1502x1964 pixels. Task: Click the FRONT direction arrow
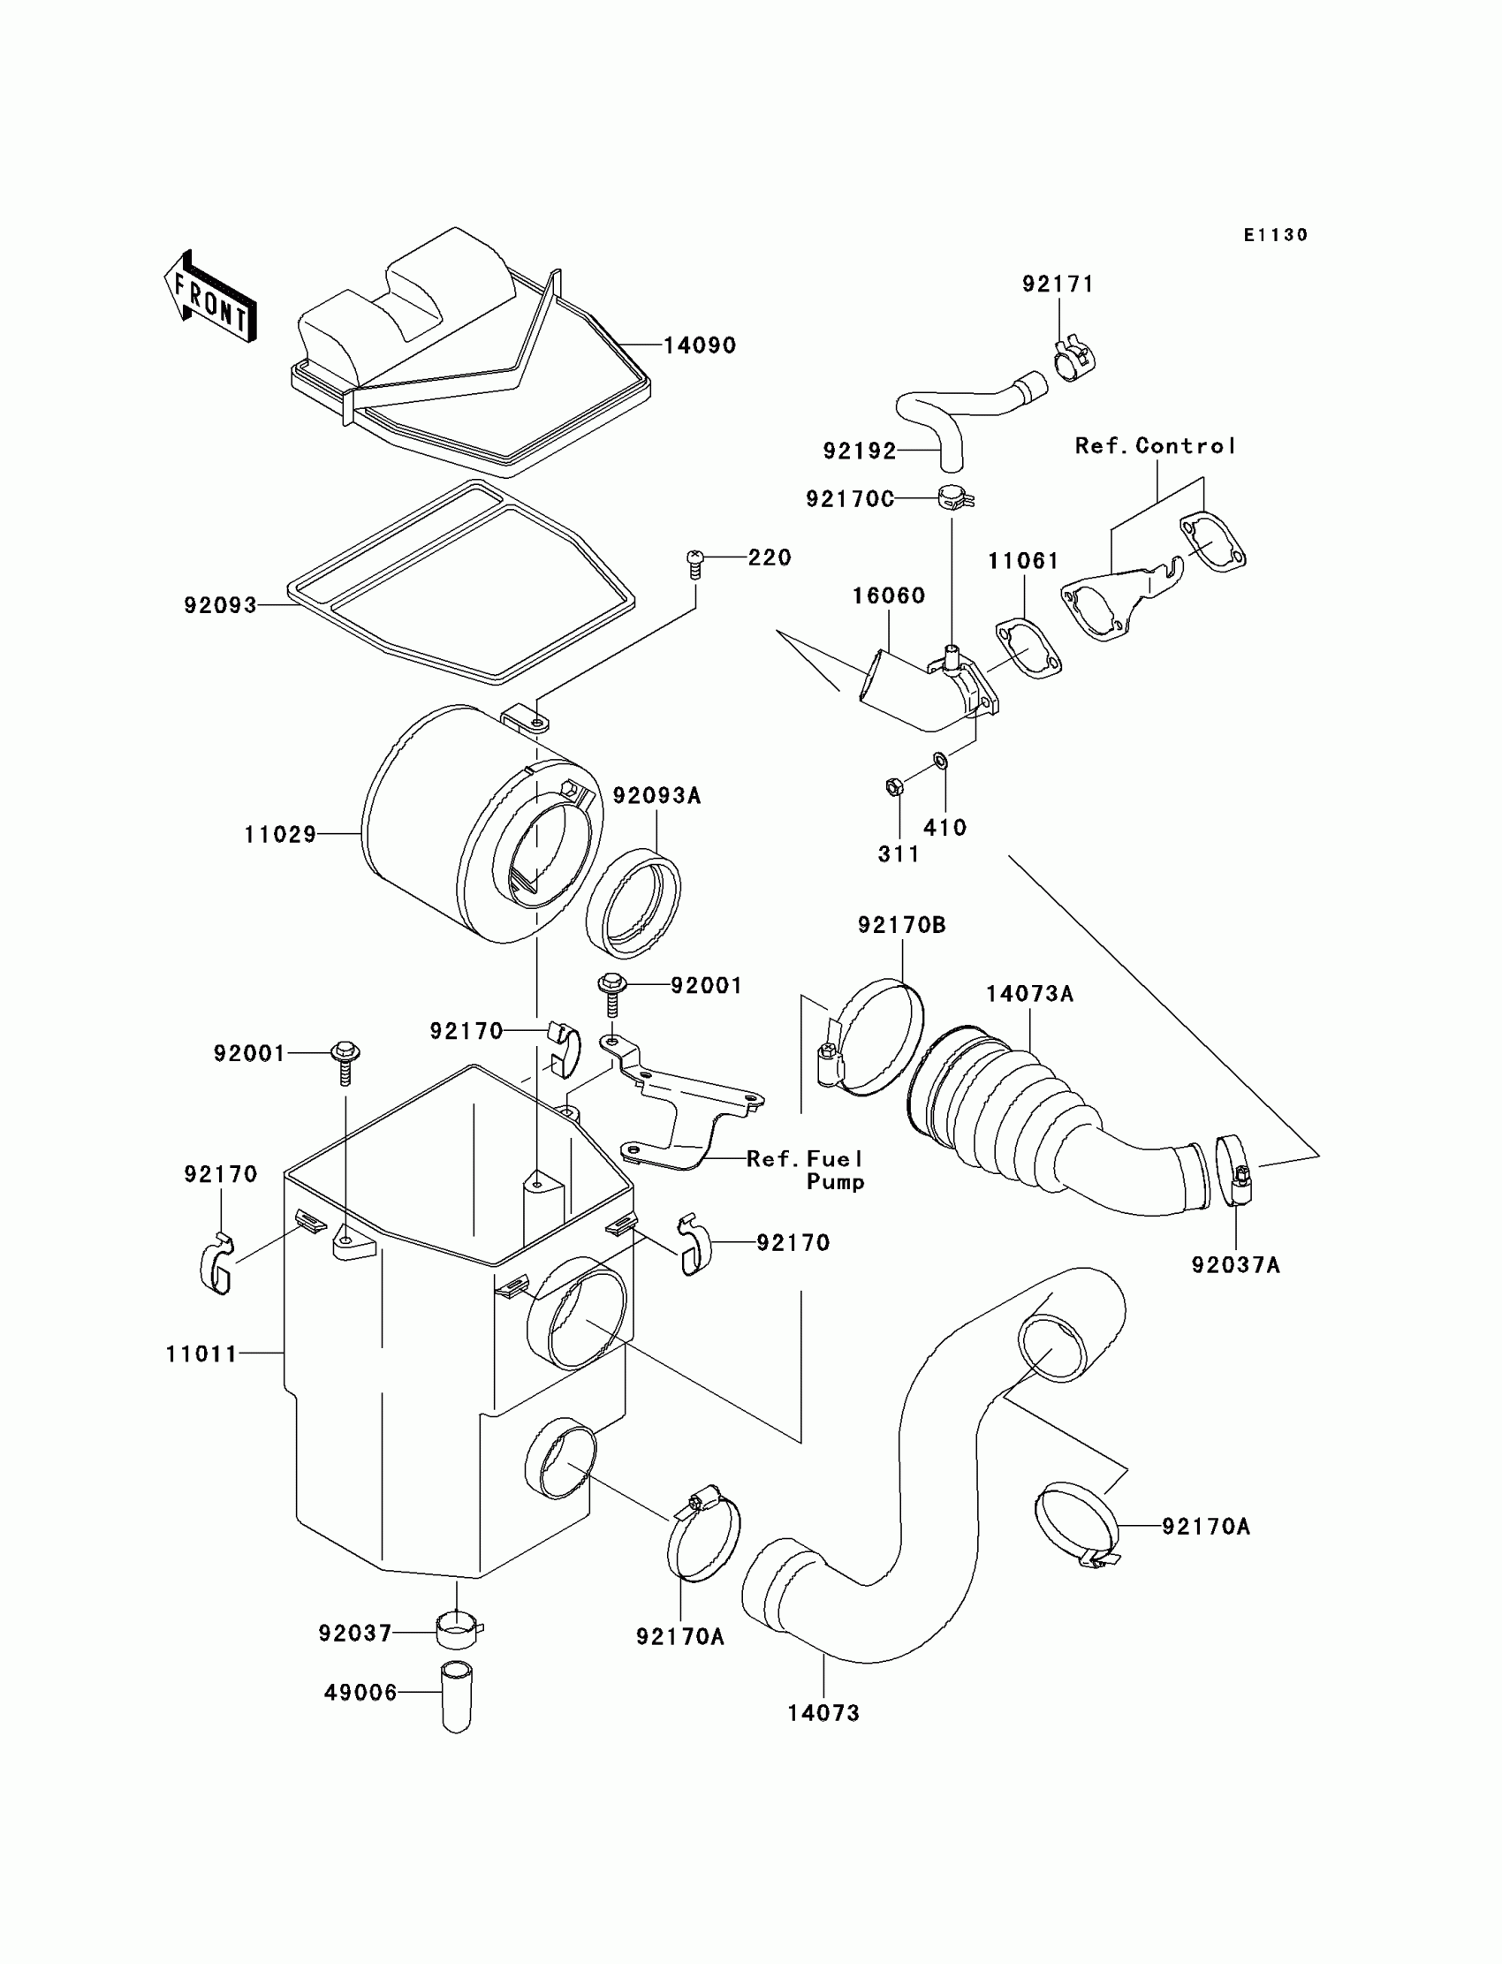(211, 297)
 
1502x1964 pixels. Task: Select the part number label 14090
(699, 346)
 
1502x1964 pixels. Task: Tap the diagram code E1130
(1276, 235)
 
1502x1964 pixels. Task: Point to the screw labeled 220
(694, 562)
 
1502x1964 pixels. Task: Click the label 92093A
(656, 796)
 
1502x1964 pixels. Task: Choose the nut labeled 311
(893, 786)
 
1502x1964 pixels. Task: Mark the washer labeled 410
(941, 760)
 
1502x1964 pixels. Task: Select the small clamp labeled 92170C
(954, 497)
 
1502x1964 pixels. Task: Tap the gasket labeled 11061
(1028, 648)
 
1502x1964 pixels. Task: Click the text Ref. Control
(1155, 446)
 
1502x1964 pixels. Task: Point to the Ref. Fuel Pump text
(806, 1169)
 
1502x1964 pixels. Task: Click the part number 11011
(202, 1354)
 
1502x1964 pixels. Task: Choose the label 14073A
(1029, 994)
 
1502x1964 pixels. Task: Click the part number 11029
(280, 835)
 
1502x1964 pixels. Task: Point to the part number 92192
(859, 451)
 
